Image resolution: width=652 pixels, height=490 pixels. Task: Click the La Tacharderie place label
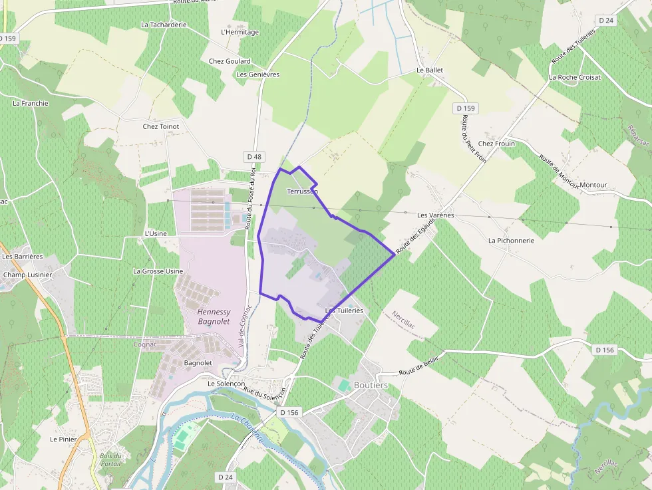(x=164, y=25)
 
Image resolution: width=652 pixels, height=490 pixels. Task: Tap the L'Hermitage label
(x=240, y=32)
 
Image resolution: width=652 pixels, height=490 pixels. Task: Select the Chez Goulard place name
(x=230, y=61)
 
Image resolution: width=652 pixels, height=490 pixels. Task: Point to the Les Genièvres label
(x=258, y=74)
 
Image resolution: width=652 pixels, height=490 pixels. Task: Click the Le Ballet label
(x=429, y=70)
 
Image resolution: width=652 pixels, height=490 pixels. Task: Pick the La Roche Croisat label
(x=574, y=77)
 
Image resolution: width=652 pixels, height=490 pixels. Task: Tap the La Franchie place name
(x=31, y=103)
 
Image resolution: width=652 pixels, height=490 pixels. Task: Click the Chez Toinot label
(x=161, y=126)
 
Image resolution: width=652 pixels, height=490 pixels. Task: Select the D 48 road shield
(x=254, y=157)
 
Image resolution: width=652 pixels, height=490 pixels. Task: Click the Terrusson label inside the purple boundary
(x=302, y=191)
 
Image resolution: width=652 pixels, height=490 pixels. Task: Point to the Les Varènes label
(x=435, y=215)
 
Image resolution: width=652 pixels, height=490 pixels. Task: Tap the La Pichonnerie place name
(x=511, y=240)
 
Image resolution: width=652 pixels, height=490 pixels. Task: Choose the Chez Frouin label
(x=496, y=144)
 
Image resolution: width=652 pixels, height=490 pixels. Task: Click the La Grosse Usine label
(x=158, y=271)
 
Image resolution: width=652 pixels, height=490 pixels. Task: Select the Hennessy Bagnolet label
(x=214, y=316)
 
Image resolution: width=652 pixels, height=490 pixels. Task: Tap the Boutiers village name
(x=371, y=385)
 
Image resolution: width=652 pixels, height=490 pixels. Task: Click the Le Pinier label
(x=63, y=439)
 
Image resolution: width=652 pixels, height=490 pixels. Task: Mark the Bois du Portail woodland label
(x=111, y=459)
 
